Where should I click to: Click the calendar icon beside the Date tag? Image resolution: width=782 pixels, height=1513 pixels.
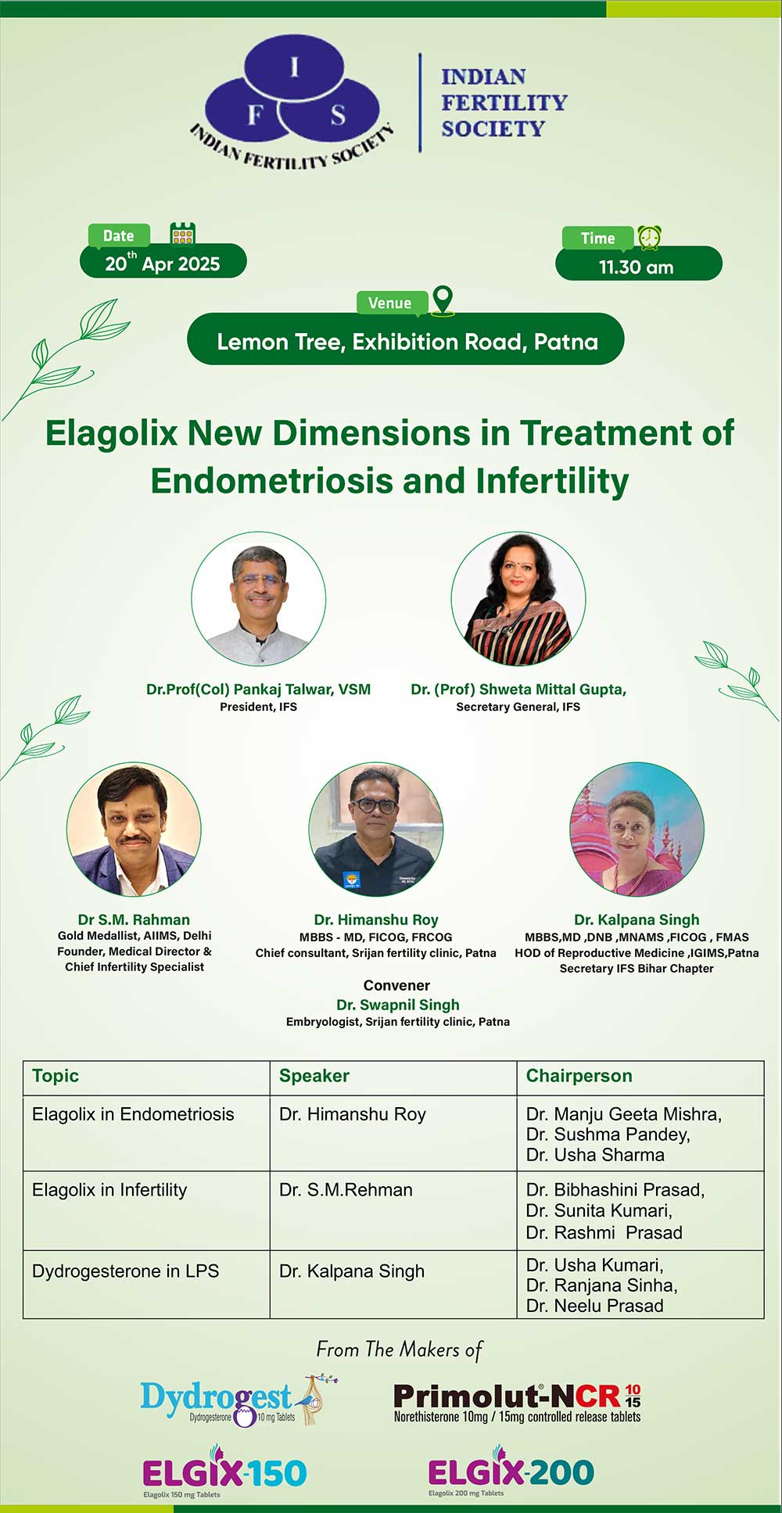click(x=183, y=233)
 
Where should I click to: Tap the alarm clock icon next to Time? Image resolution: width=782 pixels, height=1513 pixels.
click(x=649, y=237)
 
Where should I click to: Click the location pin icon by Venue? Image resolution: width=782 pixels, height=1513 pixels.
click(x=443, y=301)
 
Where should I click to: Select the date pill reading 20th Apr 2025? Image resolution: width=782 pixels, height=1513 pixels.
click(x=163, y=261)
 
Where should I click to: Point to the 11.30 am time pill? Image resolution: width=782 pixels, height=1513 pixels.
click(x=638, y=264)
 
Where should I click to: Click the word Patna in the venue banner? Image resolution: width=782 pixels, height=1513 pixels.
click(x=566, y=342)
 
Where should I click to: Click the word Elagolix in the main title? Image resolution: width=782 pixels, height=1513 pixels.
click(x=112, y=433)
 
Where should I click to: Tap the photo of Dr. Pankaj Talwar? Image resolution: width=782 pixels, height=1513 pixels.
click(x=259, y=599)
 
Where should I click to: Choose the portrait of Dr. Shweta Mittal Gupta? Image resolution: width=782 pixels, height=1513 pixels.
click(x=518, y=599)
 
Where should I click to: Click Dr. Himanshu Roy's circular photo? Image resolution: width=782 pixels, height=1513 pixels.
click(x=376, y=830)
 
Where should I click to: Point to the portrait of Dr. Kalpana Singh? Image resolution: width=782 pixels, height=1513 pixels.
click(x=637, y=830)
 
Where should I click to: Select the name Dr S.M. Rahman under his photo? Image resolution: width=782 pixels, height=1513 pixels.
click(x=134, y=920)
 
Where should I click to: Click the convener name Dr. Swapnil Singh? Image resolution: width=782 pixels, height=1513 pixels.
click(x=398, y=1005)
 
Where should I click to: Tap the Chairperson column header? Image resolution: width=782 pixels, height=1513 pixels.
click(x=579, y=1076)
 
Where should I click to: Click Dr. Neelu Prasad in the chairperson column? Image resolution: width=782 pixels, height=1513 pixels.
click(x=595, y=1306)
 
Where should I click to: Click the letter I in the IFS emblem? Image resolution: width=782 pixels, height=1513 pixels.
click(x=294, y=68)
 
